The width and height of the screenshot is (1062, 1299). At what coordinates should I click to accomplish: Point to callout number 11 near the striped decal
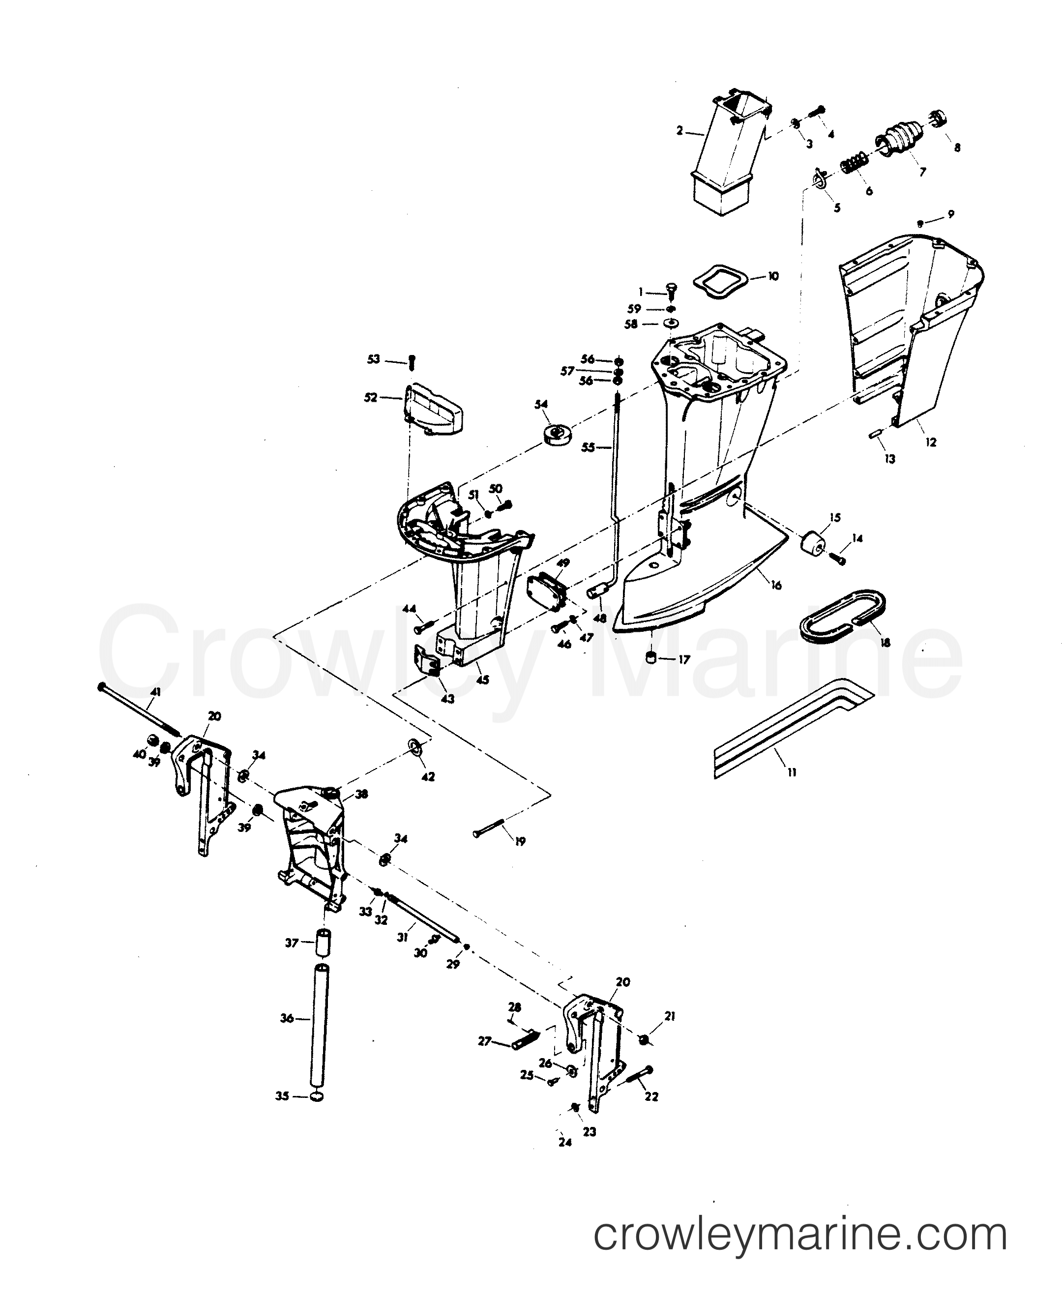pyautogui.click(x=792, y=772)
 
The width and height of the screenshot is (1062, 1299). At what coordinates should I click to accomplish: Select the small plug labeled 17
pyautogui.click(x=651, y=659)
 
